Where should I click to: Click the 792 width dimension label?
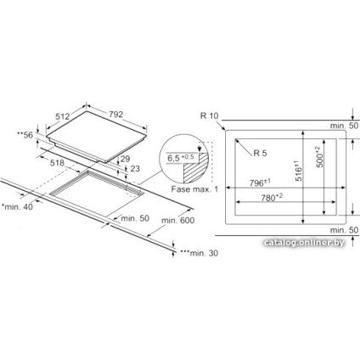coord(115,114)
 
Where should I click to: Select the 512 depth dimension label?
coord(63,116)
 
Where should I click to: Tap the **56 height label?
coord(25,135)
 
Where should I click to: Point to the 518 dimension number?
coord(58,163)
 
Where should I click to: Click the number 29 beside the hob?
coord(125,159)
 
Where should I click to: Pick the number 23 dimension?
coord(135,169)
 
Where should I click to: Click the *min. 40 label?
coord(17,207)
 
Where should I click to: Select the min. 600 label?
coord(178,220)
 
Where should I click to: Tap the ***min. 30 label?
coord(200,253)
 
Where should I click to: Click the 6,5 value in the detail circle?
coord(174,158)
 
